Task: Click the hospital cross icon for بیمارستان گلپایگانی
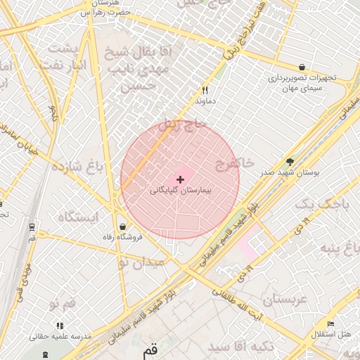tap(181, 180)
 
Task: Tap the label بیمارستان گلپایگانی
tap(181, 191)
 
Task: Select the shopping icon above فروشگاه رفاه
tap(124, 227)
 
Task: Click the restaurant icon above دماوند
tap(205, 90)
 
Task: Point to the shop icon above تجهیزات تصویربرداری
tap(302, 67)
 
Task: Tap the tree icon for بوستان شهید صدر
tap(290, 161)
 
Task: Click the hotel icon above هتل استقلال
tap(330, 324)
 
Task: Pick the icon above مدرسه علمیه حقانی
tap(60, 326)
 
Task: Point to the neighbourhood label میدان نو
tap(141, 262)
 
